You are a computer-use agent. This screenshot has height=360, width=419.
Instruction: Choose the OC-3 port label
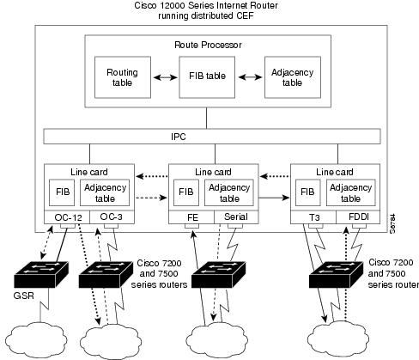(x=112, y=217)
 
